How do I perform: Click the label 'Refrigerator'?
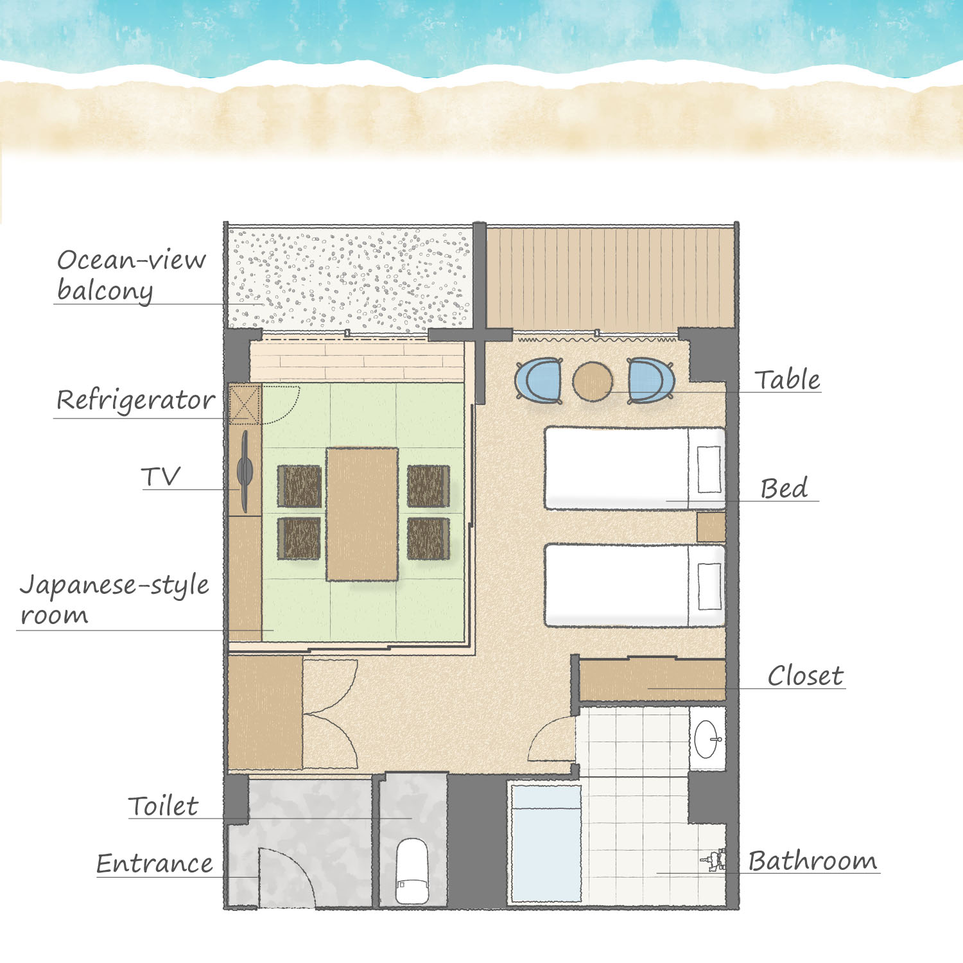click(x=135, y=400)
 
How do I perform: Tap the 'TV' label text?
click(x=160, y=476)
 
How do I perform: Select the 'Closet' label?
click(x=805, y=675)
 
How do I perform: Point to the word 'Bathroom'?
click(x=812, y=860)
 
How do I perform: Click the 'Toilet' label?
click(x=163, y=806)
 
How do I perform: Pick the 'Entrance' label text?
click(x=154, y=863)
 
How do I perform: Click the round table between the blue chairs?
click(x=593, y=382)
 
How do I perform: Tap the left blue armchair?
click(x=539, y=381)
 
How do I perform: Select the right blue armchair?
click(x=650, y=381)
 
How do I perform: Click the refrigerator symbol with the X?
click(x=245, y=404)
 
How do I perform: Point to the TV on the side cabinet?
click(x=245, y=471)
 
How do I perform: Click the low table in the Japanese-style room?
click(x=362, y=514)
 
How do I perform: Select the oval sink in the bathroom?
click(x=706, y=739)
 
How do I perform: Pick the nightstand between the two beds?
click(x=711, y=527)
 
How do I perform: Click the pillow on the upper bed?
click(x=709, y=469)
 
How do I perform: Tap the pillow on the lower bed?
click(x=709, y=586)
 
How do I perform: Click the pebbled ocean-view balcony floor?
click(x=351, y=279)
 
